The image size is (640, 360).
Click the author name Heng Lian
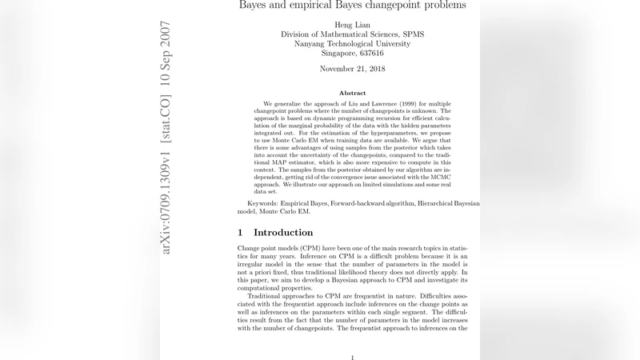click(353, 25)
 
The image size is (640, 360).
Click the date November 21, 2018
click(353, 70)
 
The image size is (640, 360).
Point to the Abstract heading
click(353, 94)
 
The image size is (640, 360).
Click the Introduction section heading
click(283, 233)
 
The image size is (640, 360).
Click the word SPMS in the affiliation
click(413, 34)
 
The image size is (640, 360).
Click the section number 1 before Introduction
click(240, 233)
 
